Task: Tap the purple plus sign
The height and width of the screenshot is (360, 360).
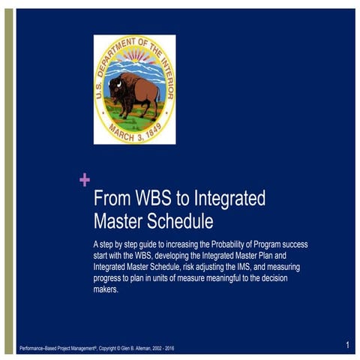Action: [x=84, y=179]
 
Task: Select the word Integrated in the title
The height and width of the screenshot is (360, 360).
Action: [x=229, y=200]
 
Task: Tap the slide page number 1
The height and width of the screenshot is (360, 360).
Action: [x=348, y=345]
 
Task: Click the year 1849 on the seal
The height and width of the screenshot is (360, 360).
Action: [x=154, y=130]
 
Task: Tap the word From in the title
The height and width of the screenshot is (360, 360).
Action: [x=111, y=200]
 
